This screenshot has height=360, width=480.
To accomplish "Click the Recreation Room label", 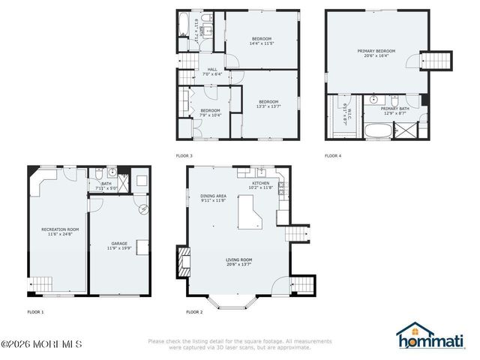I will pyautogui.click(x=58, y=229).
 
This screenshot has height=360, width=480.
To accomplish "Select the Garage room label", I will pyautogui.click(x=118, y=243).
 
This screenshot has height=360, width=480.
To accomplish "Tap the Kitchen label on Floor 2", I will pyautogui.click(x=260, y=184).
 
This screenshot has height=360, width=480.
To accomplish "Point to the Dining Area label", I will pyautogui.click(x=214, y=196).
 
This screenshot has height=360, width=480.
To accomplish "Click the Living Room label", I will pyautogui.click(x=239, y=260).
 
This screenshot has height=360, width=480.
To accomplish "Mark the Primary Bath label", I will pyautogui.click(x=394, y=109).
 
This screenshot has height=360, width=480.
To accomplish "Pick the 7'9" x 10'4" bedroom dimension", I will pyautogui.click(x=211, y=115).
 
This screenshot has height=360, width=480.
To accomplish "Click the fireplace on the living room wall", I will pyautogui.click(x=181, y=262).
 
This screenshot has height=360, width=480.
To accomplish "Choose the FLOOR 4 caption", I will pyautogui.click(x=333, y=155).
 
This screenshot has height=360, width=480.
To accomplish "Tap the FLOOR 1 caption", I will pyautogui.click(x=35, y=311).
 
